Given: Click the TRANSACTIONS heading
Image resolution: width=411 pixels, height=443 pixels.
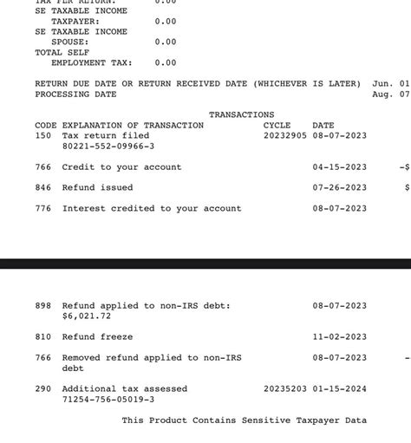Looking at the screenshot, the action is (x=241, y=114).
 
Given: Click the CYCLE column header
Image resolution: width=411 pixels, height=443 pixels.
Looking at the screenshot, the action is (x=277, y=125).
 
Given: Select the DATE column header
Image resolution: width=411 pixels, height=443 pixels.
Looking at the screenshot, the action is (x=323, y=125).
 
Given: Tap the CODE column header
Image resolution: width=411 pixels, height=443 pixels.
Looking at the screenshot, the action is (x=46, y=125).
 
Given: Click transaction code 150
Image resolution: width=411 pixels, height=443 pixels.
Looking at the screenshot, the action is (x=43, y=135).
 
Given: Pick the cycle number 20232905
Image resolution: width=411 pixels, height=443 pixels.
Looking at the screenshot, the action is (x=285, y=135).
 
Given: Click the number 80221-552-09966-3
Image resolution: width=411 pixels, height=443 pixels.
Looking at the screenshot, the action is (x=108, y=146).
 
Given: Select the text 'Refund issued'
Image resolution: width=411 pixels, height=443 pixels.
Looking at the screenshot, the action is (x=97, y=187).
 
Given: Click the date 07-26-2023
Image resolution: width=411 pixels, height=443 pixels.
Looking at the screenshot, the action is (x=339, y=187).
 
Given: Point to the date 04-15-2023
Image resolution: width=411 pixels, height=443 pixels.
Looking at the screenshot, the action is (x=339, y=166).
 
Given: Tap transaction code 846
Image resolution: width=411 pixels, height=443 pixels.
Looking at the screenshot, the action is (x=43, y=187).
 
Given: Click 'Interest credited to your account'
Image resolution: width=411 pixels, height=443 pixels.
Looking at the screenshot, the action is (x=152, y=208).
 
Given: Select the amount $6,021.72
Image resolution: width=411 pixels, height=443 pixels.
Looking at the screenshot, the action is (x=87, y=316).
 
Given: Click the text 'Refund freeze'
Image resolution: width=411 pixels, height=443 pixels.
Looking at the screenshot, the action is (x=97, y=336).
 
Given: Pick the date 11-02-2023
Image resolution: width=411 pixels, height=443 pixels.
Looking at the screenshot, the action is (x=339, y=336).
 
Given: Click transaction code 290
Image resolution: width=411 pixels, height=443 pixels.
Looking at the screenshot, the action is (x=43, y=388).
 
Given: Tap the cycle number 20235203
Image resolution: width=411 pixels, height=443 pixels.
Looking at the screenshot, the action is (x=285, y=388).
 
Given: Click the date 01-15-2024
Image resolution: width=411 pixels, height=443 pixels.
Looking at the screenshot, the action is (x=339, y=388).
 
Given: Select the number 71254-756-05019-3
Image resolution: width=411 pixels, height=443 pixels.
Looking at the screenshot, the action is (x=108, y=399).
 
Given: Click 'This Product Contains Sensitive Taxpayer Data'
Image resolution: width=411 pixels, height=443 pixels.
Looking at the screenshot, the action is (x=244, y=420).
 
